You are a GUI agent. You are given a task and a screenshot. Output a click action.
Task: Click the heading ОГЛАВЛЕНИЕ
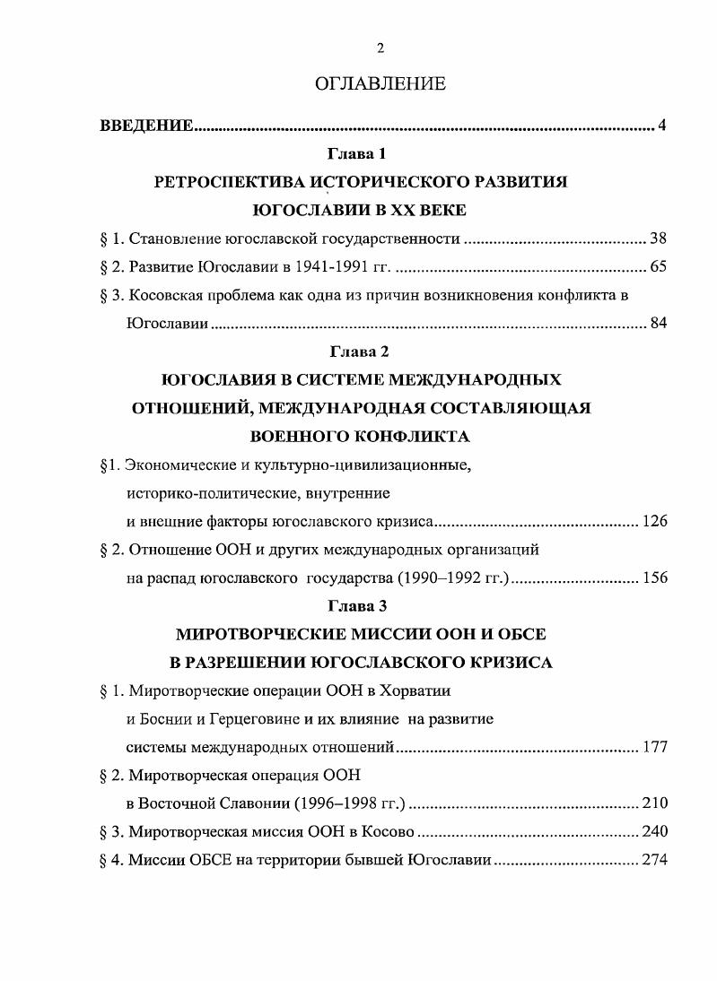click(380, 84)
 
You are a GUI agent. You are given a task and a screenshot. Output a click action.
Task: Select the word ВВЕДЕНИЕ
click(146, 125)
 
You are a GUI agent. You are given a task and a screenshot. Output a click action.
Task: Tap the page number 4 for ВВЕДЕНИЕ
click(661, 125)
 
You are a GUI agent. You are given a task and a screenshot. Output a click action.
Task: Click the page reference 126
click(654, 521)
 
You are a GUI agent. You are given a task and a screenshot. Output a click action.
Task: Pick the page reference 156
click(654, 577)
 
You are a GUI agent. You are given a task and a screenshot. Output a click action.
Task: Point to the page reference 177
click(654, 746)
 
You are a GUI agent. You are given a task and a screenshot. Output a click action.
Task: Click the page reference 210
click(654, 803)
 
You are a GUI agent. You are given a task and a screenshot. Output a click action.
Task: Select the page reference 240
click(654, 831)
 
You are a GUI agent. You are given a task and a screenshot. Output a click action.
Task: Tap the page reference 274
click(654, 860)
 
